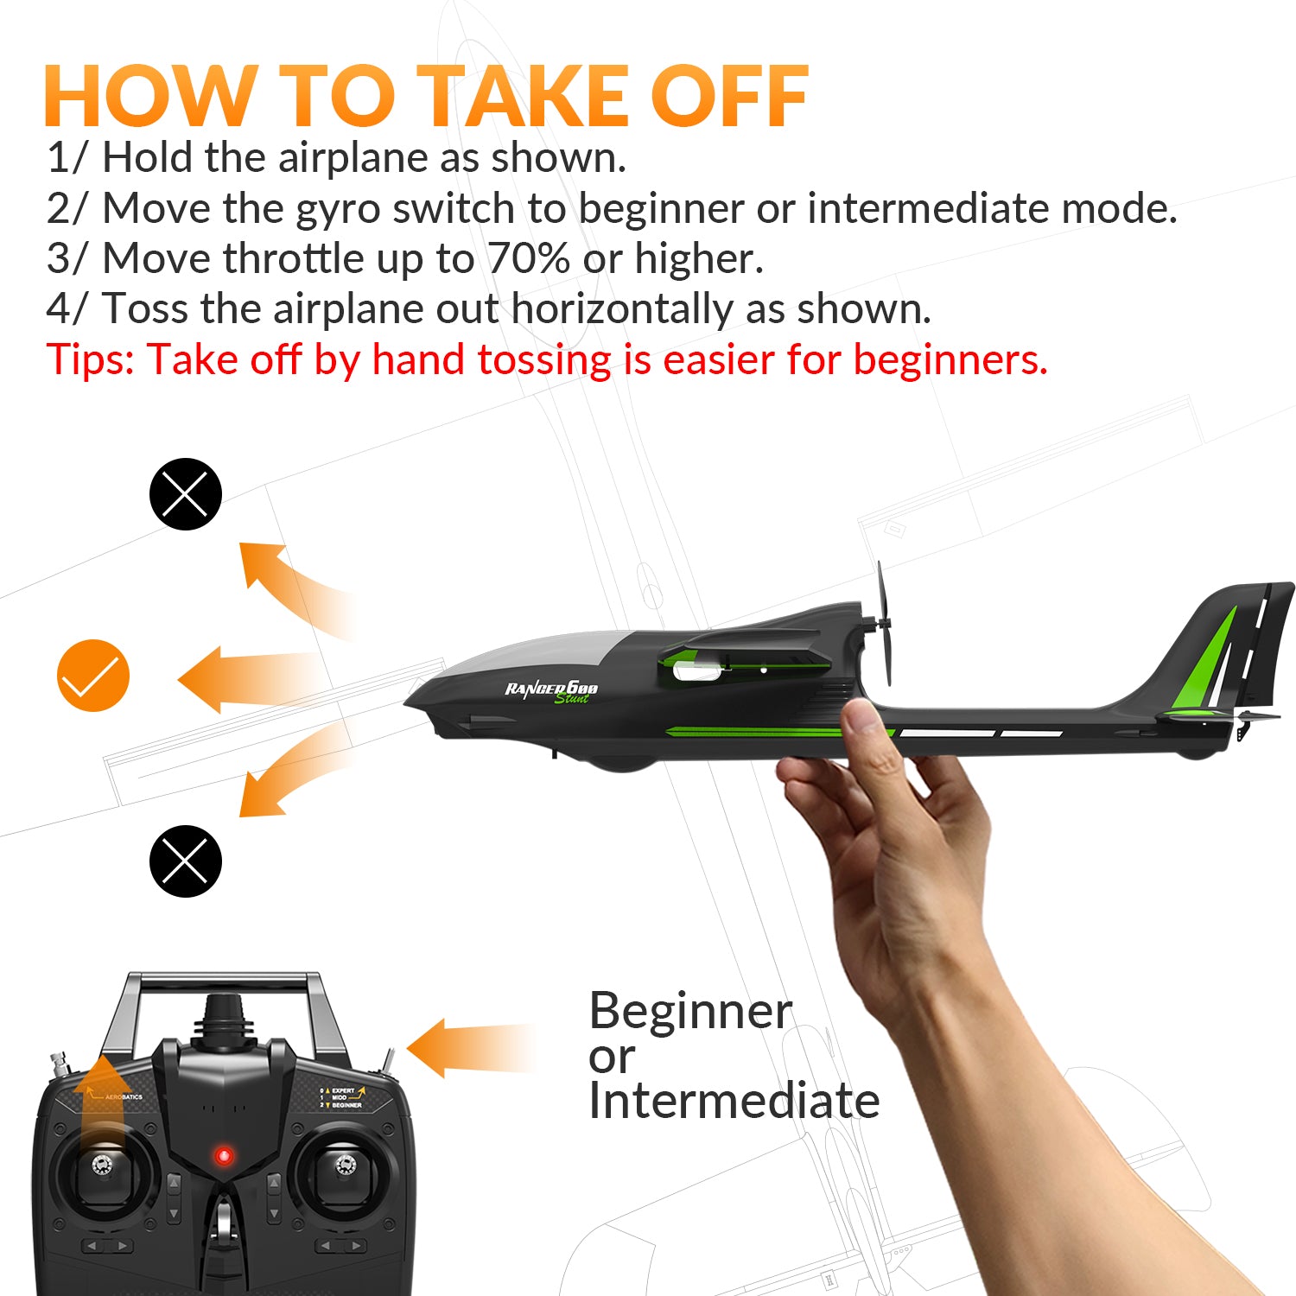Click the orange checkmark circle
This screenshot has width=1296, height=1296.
(x=93, y=676)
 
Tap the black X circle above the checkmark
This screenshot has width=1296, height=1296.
(x=186, y=494)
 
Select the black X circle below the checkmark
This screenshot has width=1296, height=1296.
(x=186, y=861)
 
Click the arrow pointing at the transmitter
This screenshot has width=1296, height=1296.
(x=467, y=1048)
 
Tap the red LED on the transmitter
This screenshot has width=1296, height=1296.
(x=224, y=1155)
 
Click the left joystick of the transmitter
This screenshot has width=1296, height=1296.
(x=102, y=1166)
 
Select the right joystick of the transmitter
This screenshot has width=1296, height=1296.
(x=345, y=1166)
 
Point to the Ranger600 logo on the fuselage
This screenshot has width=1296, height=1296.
(x=551, y=690)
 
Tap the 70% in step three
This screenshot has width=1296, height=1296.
(x=528, y=258)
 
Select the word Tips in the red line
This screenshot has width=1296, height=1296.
(x=90, y=359)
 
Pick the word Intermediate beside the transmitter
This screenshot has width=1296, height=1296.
(x=734, y=1102)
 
